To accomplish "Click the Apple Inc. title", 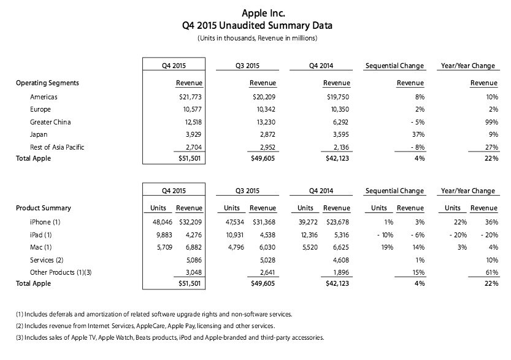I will click(256, 12).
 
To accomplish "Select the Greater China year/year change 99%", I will click(490, 121).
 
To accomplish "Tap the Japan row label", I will click(39, 134).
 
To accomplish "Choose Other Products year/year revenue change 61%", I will click(490, 272).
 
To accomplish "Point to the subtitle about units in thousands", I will click(256, 38).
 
